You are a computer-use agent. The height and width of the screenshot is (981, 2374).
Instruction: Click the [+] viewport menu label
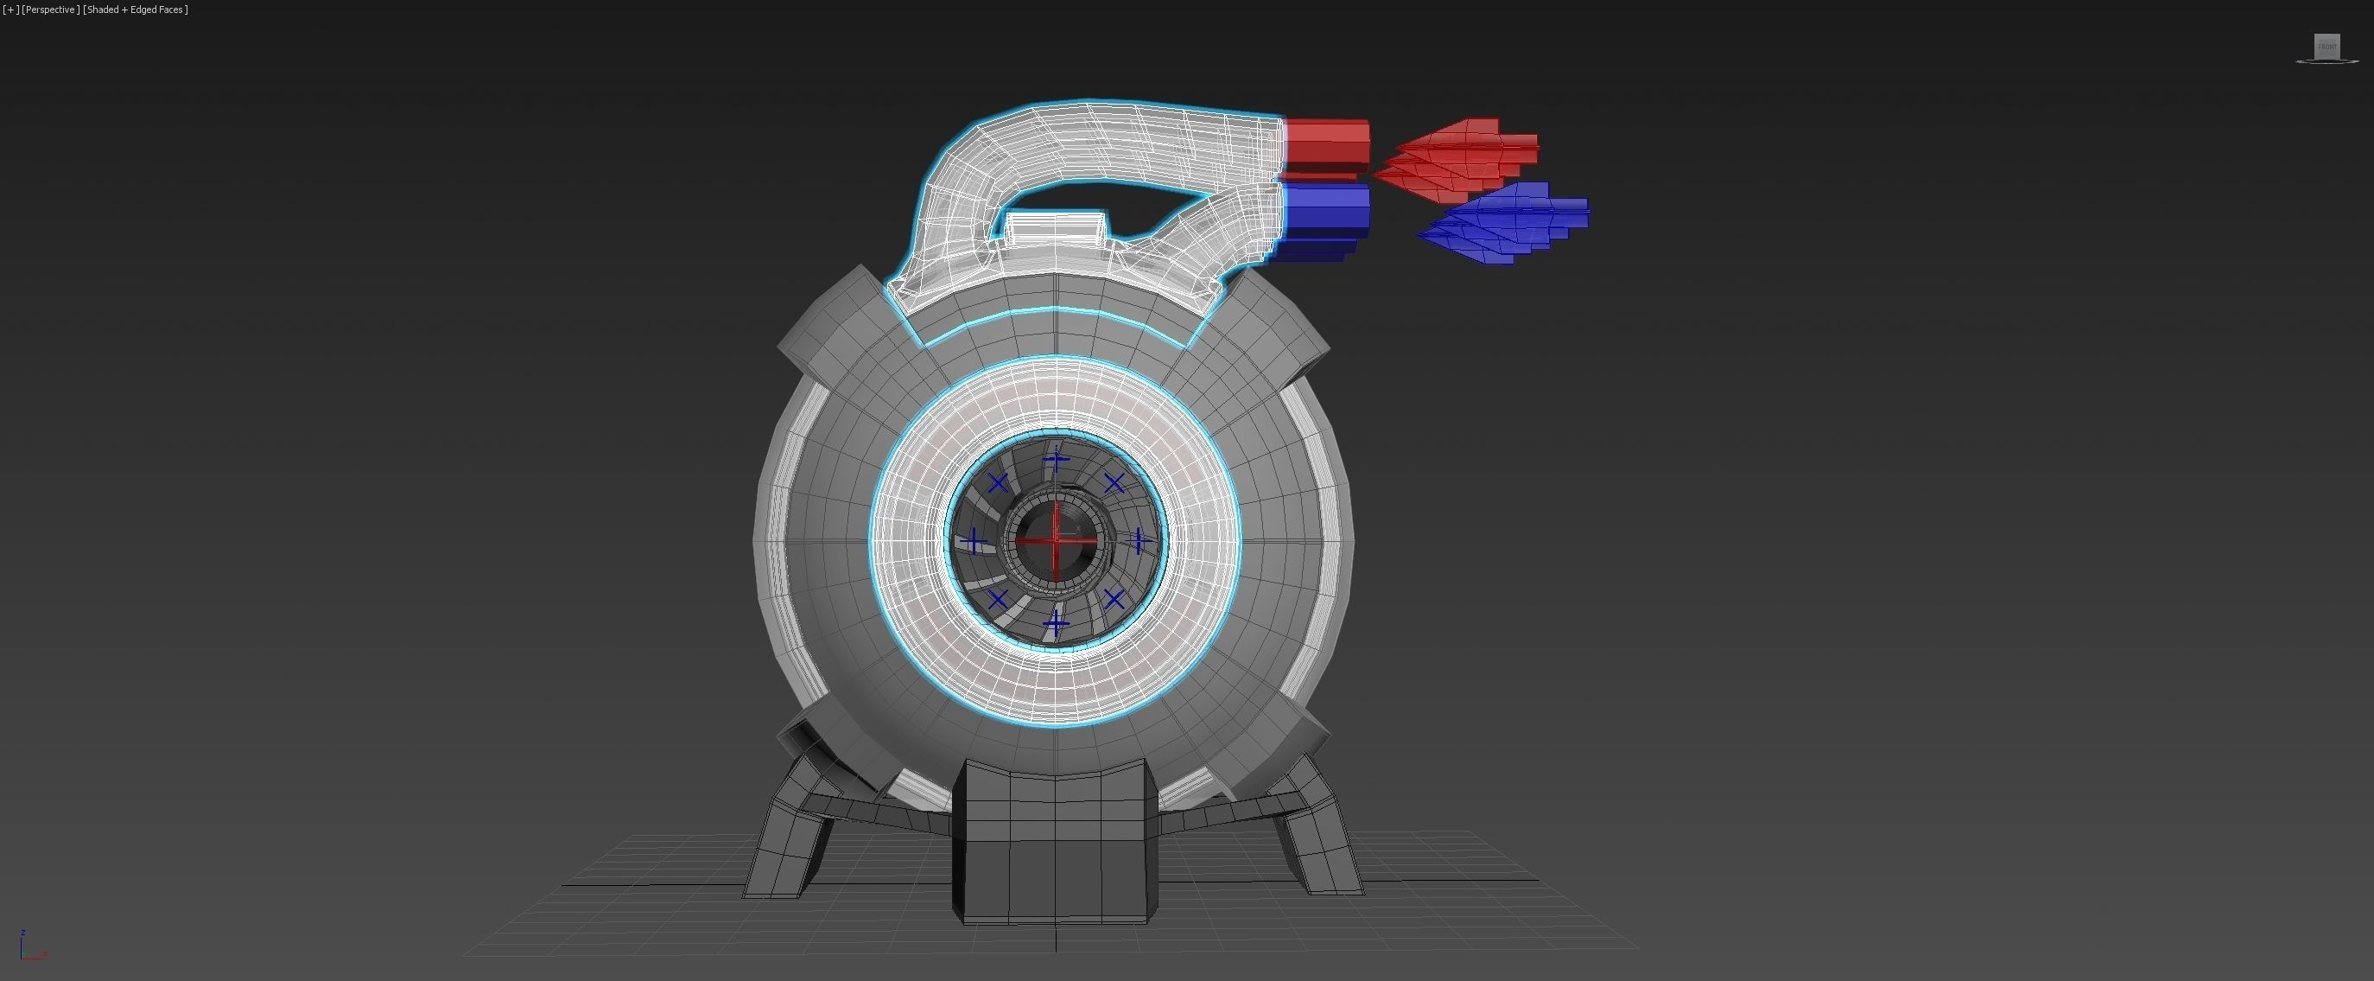pos(11,10)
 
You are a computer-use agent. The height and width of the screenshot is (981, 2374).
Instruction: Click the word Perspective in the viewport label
pos(50,10)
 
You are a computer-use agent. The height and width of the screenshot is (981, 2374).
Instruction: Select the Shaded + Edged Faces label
pos(136,10)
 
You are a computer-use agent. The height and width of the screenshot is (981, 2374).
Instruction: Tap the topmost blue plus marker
pos(1057,459)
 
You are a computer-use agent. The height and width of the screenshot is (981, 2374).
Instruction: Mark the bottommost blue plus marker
pos(1057,624)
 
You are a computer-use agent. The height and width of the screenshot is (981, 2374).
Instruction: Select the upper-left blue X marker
pos(997,483)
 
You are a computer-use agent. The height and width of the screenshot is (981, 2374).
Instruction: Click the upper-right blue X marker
pos(1114,483)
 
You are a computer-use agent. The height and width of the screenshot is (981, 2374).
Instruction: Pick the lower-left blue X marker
pos(997,600)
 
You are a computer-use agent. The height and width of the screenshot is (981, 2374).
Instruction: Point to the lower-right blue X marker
pos(1114,600)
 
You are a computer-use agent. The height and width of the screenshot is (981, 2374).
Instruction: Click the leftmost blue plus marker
pos(974,542)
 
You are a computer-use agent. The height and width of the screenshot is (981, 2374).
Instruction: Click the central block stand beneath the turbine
pos(1054,844)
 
